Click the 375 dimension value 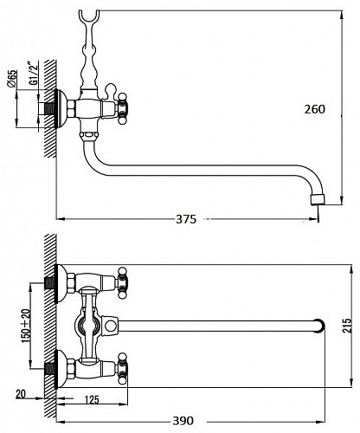click(186, 219)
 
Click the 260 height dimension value click(315, 109)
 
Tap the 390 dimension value click(183, 421)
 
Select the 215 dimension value click(347, 326)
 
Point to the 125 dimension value click(92, 399)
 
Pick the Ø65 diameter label click(12, 79)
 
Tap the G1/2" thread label click(34, 73)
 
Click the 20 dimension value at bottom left click(21, 394)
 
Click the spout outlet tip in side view click(318, 200)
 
